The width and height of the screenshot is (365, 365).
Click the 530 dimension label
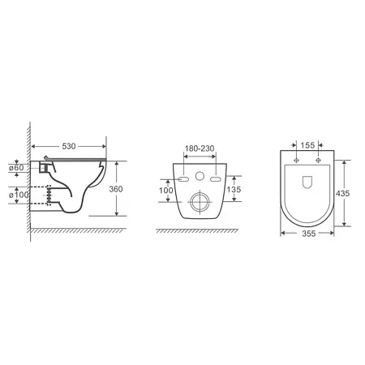[x=69, y=146]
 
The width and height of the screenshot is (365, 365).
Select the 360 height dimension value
[x=116, y=189]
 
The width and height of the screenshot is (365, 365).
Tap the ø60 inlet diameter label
[x=16, y=168]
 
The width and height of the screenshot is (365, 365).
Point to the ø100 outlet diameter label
[x=19, y=195]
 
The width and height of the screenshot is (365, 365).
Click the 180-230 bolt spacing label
[x=200, y=148]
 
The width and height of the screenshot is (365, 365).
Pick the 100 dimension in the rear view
[x=165, y=191]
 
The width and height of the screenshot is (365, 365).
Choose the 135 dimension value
[x=234, y=189]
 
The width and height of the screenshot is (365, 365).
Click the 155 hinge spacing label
[x=307, y=145]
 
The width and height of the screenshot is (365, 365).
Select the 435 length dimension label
[x=342, y=193]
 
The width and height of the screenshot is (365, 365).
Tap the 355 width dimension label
[x=308, y=234]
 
